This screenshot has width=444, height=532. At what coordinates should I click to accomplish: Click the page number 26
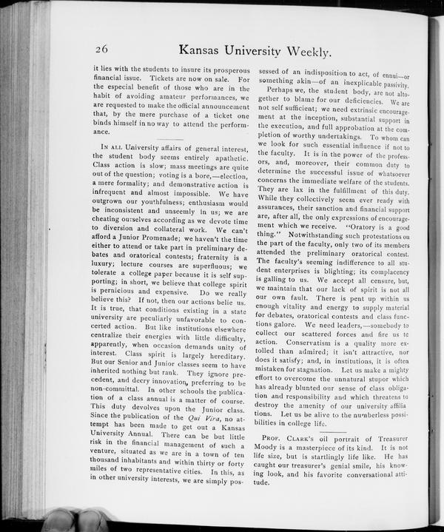(x=103, y=50)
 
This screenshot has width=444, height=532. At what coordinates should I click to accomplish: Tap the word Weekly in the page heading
(x=303, y=51)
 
